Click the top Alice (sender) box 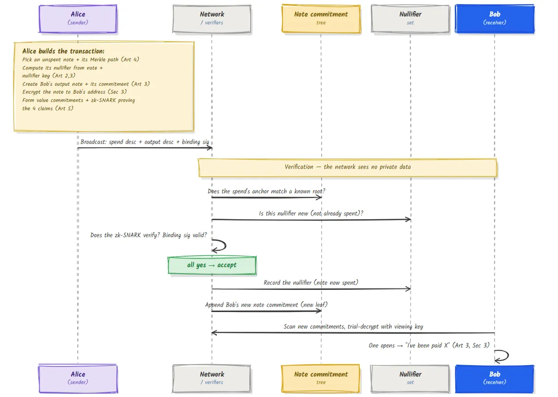[x=78, y=19]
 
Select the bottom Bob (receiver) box [x=495, y=379]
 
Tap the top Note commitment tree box [x=321, y=19]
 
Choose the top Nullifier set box [x=410, y=19]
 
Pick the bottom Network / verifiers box [x=212, y=379]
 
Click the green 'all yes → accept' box [x=212, y=265]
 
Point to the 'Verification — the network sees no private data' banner [x=347, y=168]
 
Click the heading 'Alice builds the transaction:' [x=63, y=51]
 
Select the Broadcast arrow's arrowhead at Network [x=211, y=148]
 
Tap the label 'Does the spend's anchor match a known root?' [x=266, y=192]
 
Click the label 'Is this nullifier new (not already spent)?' [x=311, y=213]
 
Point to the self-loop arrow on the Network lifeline [x=225, y=246]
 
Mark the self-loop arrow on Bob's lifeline [x=508, y=356]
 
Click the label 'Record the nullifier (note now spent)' [x=311, y=283]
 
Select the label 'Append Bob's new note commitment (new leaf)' [x=266, y=305]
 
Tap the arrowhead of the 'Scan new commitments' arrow [x=213, y=333]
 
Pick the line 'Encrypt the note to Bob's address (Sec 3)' [x=75, y=92]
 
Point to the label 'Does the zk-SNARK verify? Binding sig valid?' [x=148, y=235]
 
